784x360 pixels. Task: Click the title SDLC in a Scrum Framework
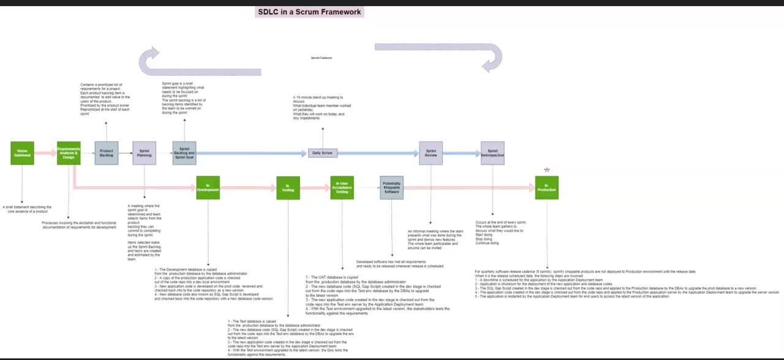[x=309, y=12]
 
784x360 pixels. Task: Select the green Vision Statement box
[x=22, y=153]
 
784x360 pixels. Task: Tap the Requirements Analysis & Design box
[x=69, y=153]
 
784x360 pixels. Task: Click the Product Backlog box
[x=107, y=153]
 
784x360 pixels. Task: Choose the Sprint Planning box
[x=145, y=153]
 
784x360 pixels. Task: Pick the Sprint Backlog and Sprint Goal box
[x=184, y=153]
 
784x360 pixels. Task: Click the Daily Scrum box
[x=322, y=153]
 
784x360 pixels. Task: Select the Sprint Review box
[x=431, y=153]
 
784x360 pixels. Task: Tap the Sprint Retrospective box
[x=492, y=153]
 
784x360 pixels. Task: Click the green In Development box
[x=208, y=187]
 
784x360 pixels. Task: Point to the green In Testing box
[x=288, y=188]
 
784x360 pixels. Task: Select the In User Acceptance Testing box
[x=342, y=187]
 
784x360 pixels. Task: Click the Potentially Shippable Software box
[x=391, y=187]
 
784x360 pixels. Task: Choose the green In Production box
[x=546, y=187]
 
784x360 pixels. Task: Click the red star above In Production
[x=547, y=170]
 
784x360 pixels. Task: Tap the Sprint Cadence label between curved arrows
[x=322, y=58]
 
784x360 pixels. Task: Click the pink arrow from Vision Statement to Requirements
[x=45, y=153]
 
